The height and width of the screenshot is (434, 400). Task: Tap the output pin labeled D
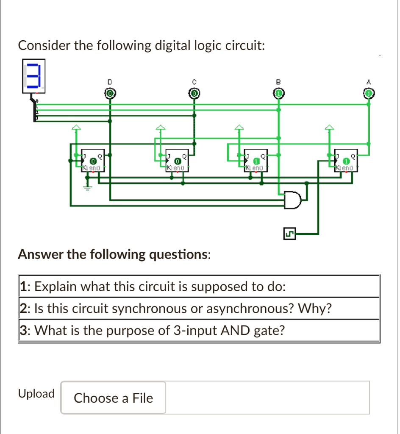[x=110, y=93]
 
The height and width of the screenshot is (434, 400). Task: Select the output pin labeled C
[x=194, y=93]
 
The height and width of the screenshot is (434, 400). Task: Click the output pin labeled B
[x=278, y=93]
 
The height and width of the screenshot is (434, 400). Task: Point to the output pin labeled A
[x=369, y=93]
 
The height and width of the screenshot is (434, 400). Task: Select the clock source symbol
[x=290, y=233]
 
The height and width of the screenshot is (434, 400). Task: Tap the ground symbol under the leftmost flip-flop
[x=89, y=187]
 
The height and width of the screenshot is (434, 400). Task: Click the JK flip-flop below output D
[x=93, y=161]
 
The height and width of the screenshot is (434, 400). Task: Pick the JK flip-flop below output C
[x=177, y=161]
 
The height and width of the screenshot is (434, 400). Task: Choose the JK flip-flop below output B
[x=256, y=161]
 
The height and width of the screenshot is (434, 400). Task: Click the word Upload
[x=36, y=394]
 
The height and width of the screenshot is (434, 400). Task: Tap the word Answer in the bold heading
[x=41, y=254]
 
